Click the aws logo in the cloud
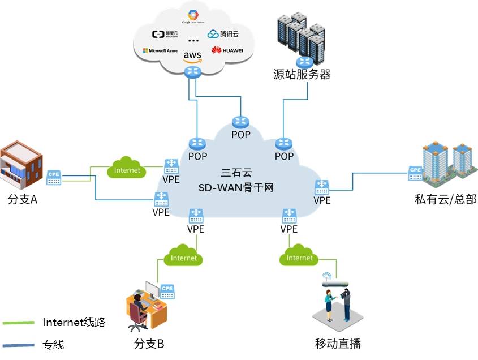pyautogui.click(x=192, y=55)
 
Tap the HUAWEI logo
pyautogui.click(x=227, y=50)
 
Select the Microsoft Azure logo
pyautogui.click(x=160, y=51)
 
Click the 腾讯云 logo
pyautogui.click(x=225, y=34)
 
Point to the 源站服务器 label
pyautogui.click(x=301, y=74)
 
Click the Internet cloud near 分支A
pyautogui.click(x=127, y=170)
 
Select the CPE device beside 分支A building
pyautogui.click(x=54, y=177)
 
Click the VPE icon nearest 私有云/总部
pyautogui.click(x=322, y=186)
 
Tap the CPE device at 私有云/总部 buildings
pyautogui.click(x=415, y=172)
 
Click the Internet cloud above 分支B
pyautogui.click(x=183, y=258)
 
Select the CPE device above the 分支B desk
pyautogui.click(x=167, y=291)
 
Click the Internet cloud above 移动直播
pyautogui.click(x=299, y=258)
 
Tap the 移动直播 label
pyautogui.click(x=338, y=343)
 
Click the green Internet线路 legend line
pyautogui.click(x=19, y=323)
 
